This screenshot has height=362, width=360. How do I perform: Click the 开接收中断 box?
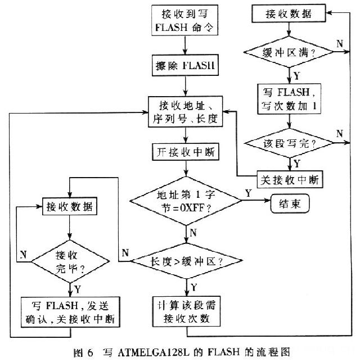click(185, 151)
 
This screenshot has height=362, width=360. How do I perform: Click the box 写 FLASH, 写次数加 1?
click(290, 99)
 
